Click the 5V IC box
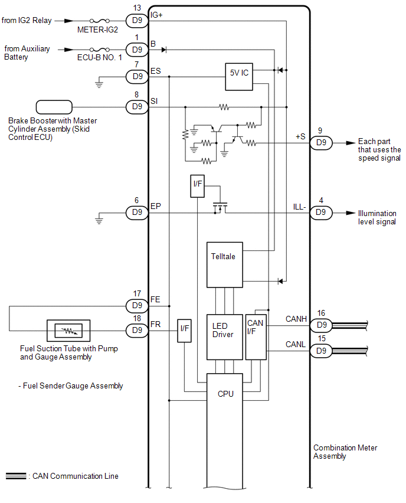point(239,77)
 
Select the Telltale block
point(224,264)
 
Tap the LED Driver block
point(224,337)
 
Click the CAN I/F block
point(256,337)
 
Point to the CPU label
point(225,394)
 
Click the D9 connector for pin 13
point(137,21)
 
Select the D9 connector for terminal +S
point(321,143)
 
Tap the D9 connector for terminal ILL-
point(321,213)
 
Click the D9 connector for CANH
point(321,325)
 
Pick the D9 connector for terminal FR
point(137,331)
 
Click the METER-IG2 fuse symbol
point(99,21)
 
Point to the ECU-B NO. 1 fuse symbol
point(99,50)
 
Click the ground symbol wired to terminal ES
point(99,84)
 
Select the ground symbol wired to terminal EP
point(99,221)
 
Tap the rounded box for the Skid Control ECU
point(54,107)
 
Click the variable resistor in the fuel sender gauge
point(68,331)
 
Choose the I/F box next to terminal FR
point(184,331)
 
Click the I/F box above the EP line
point(197,186)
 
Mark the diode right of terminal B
point(164,50)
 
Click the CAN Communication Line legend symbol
point(16,476)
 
